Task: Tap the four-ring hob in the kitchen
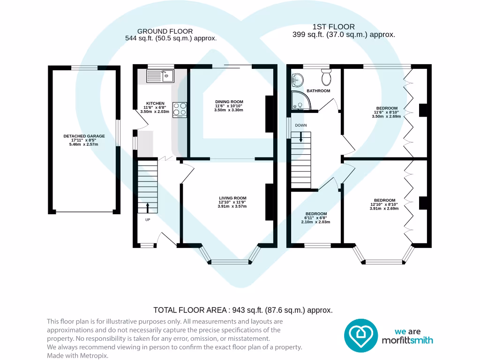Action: [180, 110]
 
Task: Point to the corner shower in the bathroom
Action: [299, 100]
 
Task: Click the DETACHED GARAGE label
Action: [84, 136]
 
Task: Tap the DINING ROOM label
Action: [229, 102]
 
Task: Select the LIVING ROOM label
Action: [232, 198]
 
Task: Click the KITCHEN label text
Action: [155, 103]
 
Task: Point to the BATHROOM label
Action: [318, 91]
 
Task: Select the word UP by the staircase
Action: [148, 219]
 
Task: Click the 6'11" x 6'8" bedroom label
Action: [315, 214]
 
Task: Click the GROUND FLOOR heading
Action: [158, 31]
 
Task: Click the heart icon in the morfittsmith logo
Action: [361, 335]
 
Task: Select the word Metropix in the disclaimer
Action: [96, 356]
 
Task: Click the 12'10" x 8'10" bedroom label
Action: [384, 200]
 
